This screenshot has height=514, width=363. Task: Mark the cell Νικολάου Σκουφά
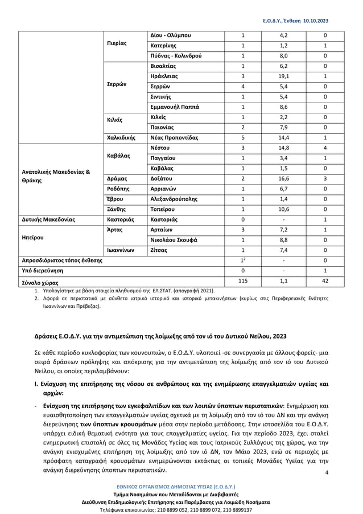point(174,240)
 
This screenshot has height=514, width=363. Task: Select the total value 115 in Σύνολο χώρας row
point(242,282)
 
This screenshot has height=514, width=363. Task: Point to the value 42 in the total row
point(324,282)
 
